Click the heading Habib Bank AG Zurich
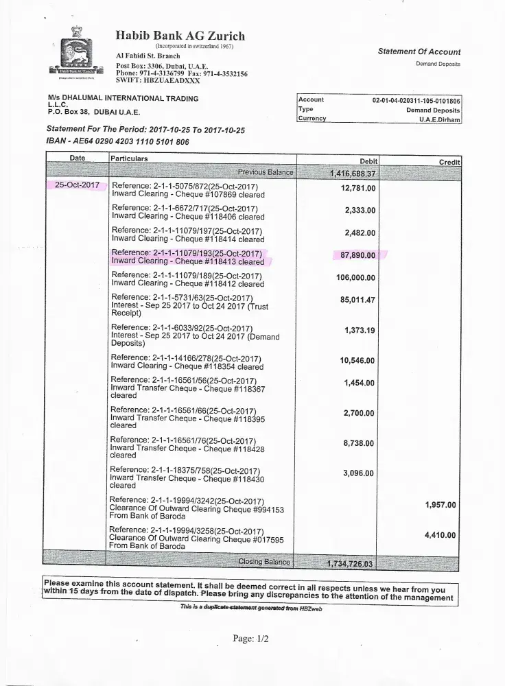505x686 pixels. (x=180, y=36)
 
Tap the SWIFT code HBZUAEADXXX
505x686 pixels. (x=158, y=81)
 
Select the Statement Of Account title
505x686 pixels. (x=419, y=51)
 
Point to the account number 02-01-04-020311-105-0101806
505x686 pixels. (x=416, y=100)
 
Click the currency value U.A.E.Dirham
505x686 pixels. (x=439, y=119)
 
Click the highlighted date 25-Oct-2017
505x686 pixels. (x=78, y=185)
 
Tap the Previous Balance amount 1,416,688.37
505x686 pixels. (x=351, y=173)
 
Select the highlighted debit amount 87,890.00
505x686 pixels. (x=358, y=255)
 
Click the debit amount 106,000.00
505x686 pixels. (x=355, y=278)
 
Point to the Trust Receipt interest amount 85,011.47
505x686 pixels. (x=357, y=300)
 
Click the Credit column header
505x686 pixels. (x=449, y=161)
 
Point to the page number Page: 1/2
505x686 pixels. (x=251, y=639)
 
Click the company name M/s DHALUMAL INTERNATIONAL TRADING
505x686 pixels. (x=122, y=98)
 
